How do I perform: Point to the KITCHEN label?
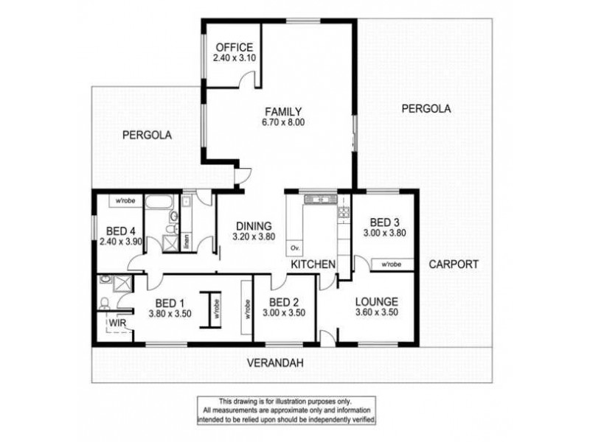pyautogui.click(x=313, y=264)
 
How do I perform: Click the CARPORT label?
pyautogui.click(x=454, y=264)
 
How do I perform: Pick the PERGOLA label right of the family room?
pyautogui.click(x=426, y=108)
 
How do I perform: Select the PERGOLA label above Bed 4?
pyautogui.click(x=147, y=135)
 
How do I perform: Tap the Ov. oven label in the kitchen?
pyautogui.click(x=296, y=247)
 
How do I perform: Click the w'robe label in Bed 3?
pyautogui.click(x=391, y=263)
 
